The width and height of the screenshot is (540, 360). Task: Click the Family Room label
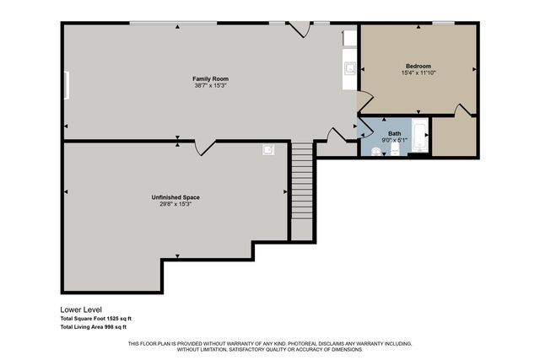click(x=211, y=78)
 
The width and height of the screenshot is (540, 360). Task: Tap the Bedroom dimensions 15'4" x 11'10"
click(x=418, y=73)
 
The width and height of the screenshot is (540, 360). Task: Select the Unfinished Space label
click(x=175, y=197)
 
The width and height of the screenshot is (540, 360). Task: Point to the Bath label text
click(x=395, y=132)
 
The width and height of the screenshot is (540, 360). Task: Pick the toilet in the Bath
click(x=394, y=151)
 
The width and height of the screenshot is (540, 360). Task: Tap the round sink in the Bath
click(x=375, y=152)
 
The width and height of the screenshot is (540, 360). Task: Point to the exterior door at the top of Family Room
click(x=297, y=29)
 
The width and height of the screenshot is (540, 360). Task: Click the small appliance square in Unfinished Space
click(x=269, y=150)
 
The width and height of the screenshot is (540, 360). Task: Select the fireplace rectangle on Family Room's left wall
click(x=67, y=85)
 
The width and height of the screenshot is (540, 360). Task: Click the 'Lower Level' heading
click(x=80, y=309)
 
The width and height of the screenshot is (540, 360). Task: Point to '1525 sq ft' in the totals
click(x=118, y=319)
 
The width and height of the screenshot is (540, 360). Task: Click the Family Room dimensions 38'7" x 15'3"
click(x=211, y=85)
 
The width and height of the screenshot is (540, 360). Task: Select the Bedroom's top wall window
click(x=443, y=23)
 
